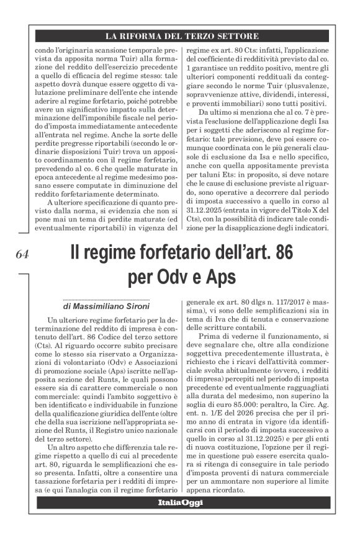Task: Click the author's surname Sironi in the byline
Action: [135, 306]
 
